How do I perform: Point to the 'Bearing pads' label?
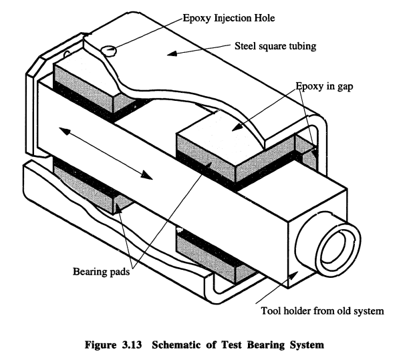click(x=101, y=272)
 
